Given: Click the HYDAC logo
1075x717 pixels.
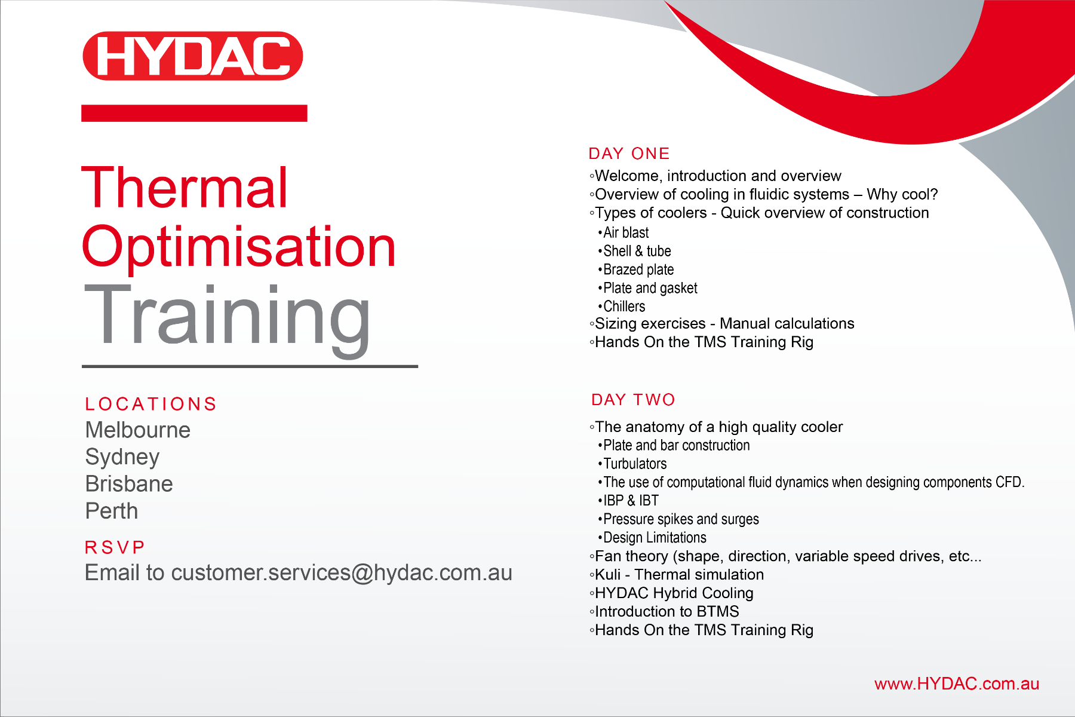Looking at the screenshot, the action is point(193,56).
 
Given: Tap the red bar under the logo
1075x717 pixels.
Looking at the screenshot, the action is point(194,113).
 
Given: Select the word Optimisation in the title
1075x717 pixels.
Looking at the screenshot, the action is point(239,247).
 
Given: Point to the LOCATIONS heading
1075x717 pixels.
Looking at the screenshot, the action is point(150,404).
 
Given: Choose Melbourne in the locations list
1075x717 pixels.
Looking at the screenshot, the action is point(138,430).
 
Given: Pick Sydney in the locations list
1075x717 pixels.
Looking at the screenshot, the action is point(122,458).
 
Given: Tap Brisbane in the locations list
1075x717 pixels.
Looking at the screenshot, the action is point(129,484).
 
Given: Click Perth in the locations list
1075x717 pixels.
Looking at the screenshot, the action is point(112,511).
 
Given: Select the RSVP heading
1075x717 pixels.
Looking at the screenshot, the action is point(115,547).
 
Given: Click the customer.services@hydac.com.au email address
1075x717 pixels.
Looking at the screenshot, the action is point(342,573).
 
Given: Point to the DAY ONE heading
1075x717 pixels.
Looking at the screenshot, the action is point(629,154).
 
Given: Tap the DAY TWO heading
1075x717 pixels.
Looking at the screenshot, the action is point(633,400).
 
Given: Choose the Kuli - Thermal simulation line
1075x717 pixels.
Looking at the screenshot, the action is point(676,575).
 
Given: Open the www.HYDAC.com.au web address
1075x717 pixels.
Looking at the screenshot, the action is point(957,684).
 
